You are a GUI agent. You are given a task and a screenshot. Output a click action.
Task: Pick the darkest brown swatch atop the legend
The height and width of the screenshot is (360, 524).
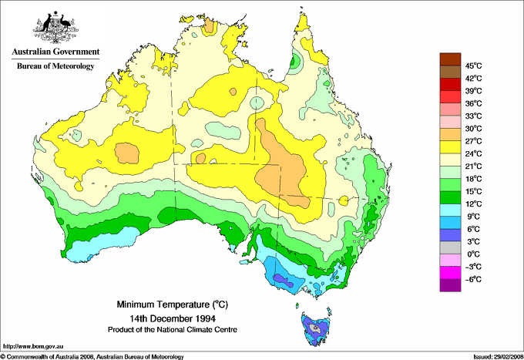coord(449,59)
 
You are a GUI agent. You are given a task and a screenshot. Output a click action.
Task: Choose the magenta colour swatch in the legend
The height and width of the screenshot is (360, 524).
coord(449,272)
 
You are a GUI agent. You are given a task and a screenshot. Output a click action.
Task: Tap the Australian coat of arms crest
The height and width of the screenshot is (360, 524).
coord(55,27)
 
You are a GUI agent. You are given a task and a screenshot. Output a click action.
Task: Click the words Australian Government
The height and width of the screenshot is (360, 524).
coord(55,52)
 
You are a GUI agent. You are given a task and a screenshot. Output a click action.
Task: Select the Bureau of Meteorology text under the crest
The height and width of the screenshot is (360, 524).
coord(55,66)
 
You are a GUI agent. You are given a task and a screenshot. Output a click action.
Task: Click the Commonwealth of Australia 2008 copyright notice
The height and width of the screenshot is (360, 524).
coord(92,355)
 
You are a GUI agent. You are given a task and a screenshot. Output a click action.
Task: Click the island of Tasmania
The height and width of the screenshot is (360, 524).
coord(315,328)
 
